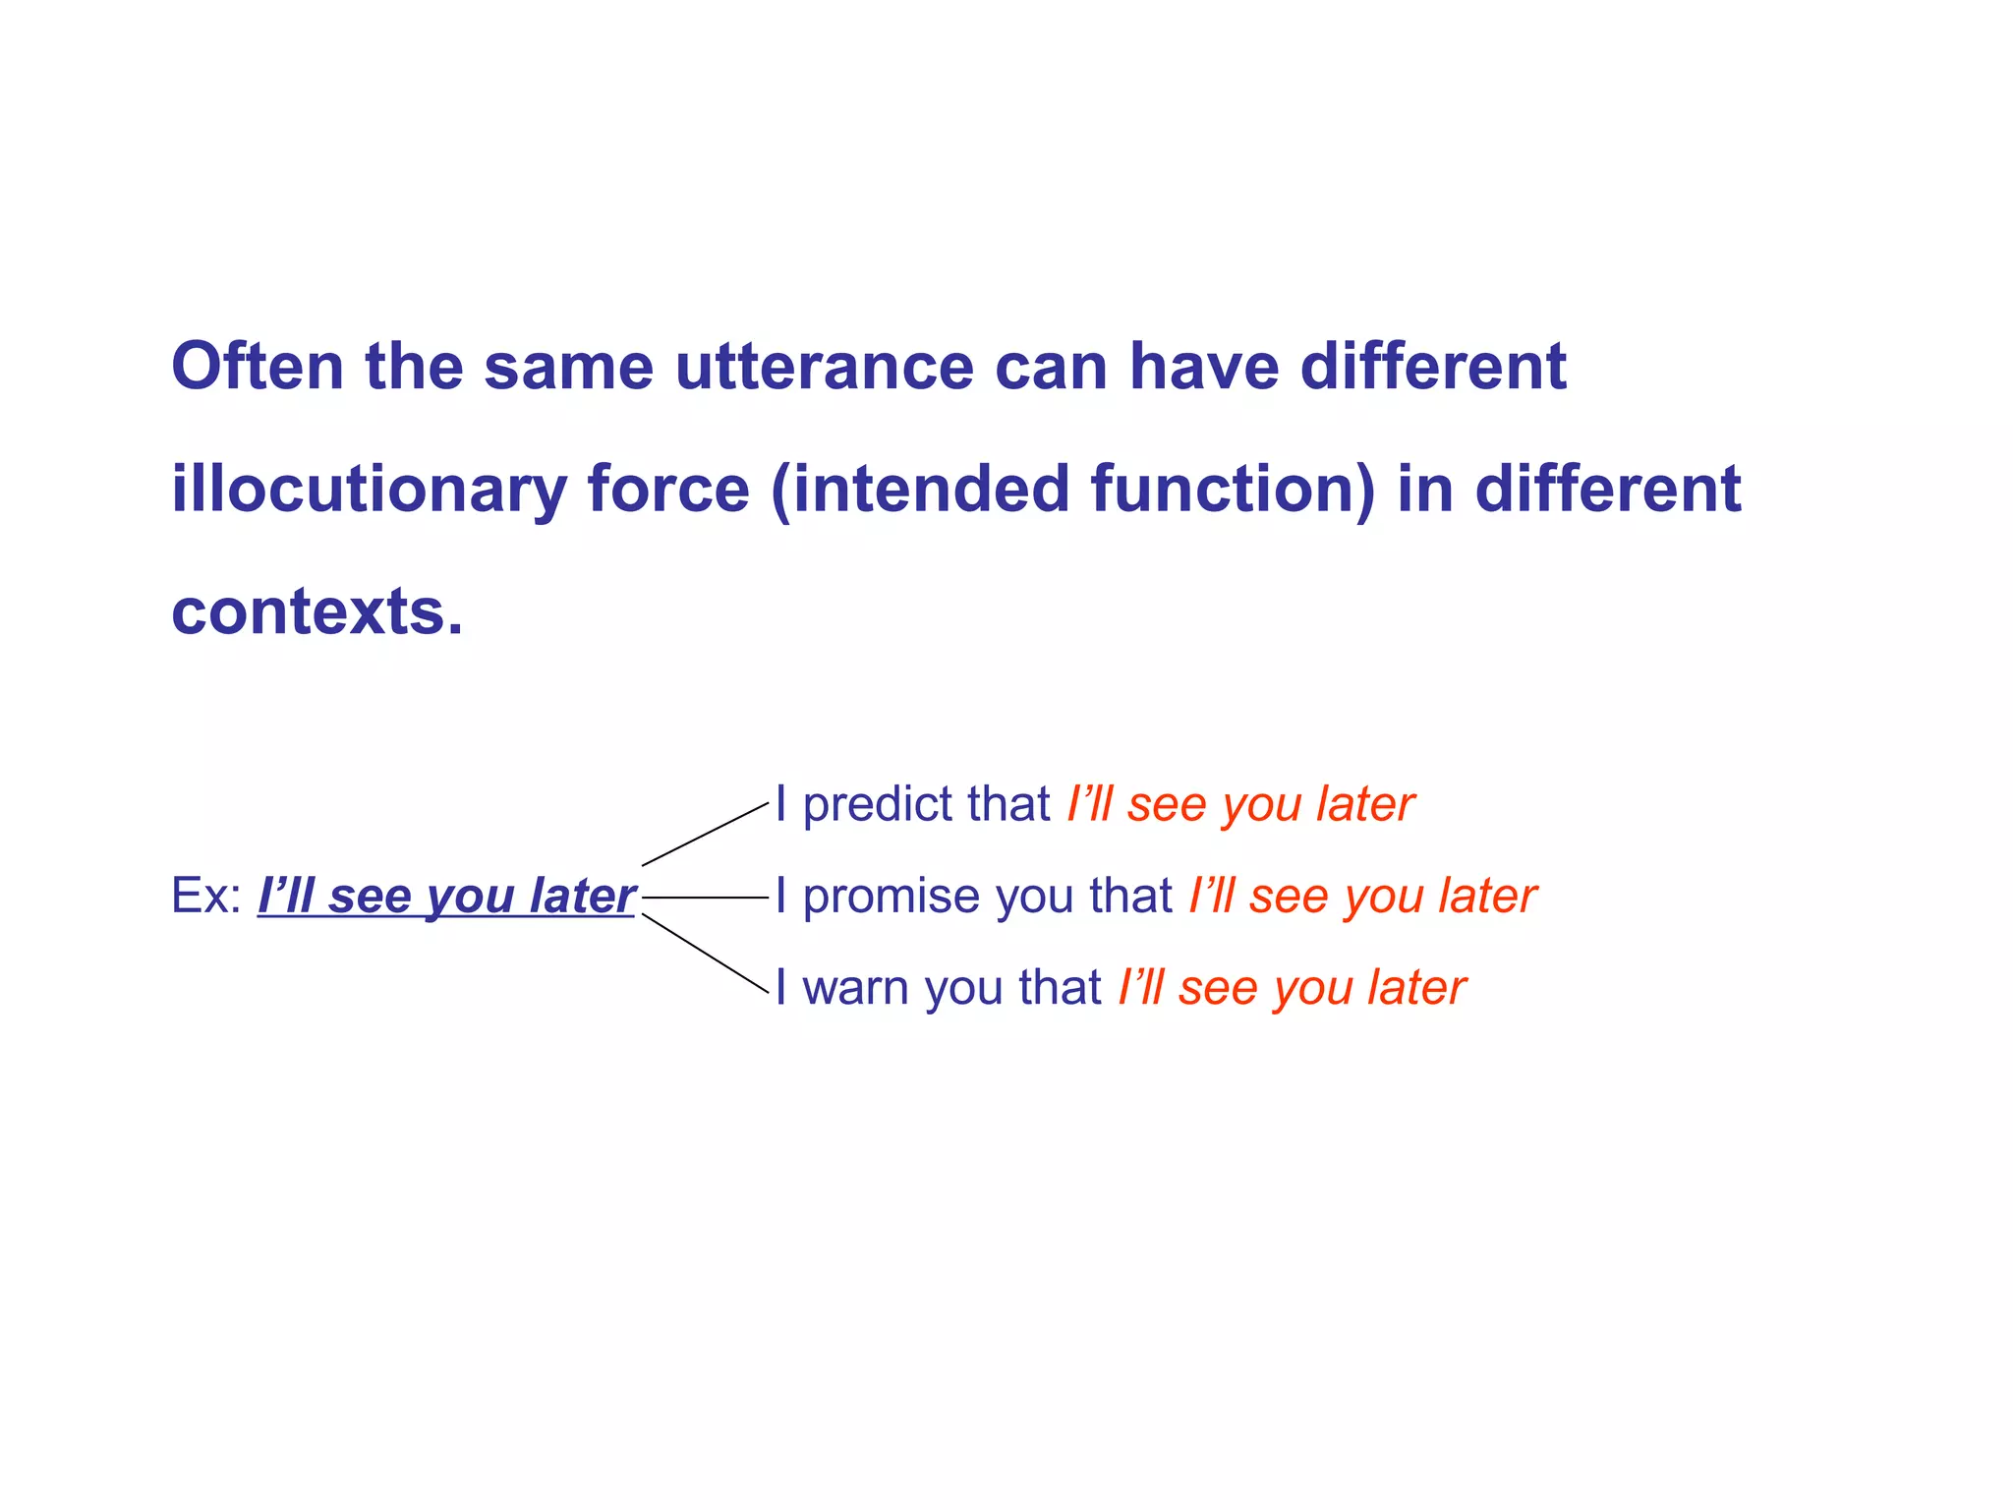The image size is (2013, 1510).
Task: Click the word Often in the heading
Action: pos(258,367)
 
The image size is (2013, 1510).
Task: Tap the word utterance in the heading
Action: pos(824,367)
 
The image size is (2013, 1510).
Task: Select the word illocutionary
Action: pos(369,490)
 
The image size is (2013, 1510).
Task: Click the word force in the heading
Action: pos(668,490)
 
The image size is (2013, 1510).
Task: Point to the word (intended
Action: pos(920,490)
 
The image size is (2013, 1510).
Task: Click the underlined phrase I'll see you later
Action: pos(446,896)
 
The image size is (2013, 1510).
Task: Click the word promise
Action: pos(891,897)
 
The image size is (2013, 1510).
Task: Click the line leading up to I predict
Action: pos(705,834)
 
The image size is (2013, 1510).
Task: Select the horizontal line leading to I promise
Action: pos(704,898)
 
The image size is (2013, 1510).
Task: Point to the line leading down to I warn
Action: pos(705,954)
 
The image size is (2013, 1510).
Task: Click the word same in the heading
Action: pos(568,367)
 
